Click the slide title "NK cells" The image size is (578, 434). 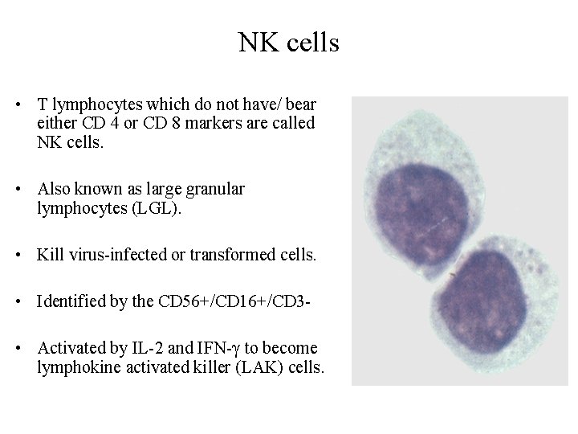point(288,43)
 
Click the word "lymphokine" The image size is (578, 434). point(75,369)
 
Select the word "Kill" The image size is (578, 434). point(49,256)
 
